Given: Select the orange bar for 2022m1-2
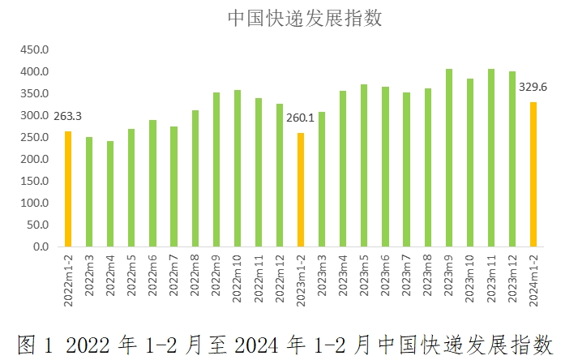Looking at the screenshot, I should point(68,189).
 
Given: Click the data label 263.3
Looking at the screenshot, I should point(68,116).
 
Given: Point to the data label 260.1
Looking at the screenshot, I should point(301,118).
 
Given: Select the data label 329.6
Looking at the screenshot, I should point(533,88).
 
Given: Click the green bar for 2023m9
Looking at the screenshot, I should point(449,158).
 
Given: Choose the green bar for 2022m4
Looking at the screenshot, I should point(110,194).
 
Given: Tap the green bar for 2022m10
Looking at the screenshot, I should point(238,169).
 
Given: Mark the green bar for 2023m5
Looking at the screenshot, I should point(364,165).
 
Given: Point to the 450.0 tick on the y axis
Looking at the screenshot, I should point(35,50).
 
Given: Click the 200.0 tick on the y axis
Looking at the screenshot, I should point(35,160).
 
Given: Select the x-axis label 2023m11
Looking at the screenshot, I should point(491,277).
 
